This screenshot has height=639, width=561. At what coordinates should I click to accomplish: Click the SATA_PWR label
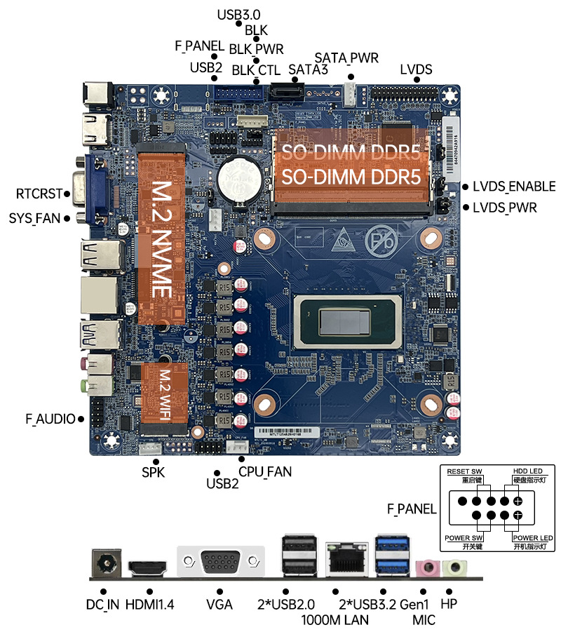tap(346, 57)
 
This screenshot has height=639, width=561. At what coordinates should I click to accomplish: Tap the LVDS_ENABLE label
tap(513, 187)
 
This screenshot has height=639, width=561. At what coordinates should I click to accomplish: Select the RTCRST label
tap(39, 194)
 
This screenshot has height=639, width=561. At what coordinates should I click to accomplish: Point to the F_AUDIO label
tap(50, 419)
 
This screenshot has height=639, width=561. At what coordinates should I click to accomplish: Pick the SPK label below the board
tap(153, 472)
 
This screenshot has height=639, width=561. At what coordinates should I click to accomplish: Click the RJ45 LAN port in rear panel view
tap(342, 559)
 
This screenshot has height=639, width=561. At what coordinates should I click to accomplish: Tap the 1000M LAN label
tap(334, 620)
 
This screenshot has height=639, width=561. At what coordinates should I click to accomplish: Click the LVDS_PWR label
tap(504, 208)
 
